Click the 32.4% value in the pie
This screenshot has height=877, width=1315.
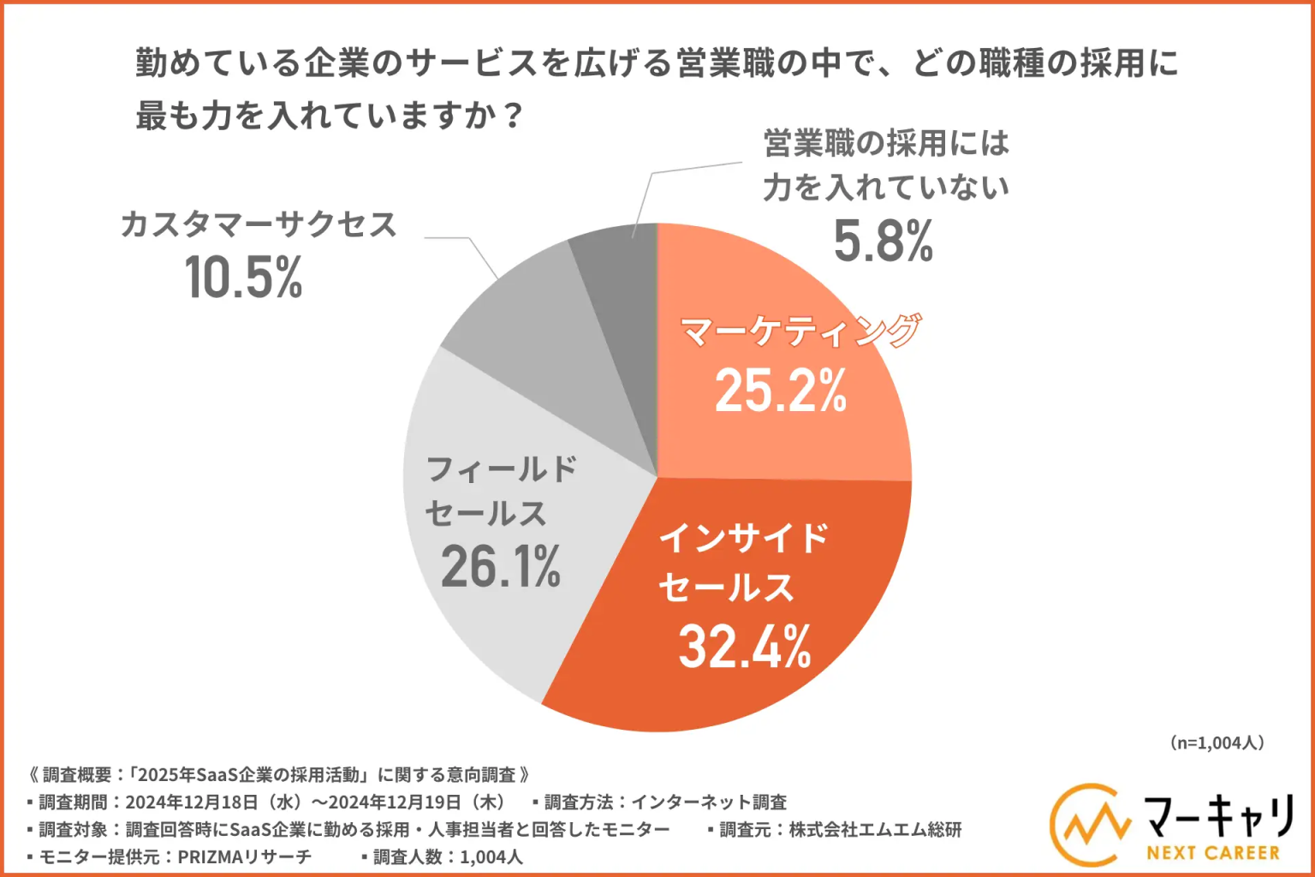point(745,647)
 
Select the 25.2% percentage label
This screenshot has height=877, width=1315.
point(780,391)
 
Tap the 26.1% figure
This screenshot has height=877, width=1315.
point(501,566)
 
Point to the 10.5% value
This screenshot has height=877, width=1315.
point(244,277)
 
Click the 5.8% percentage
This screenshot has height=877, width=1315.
point(883,242)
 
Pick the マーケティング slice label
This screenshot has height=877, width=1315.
point(800,331)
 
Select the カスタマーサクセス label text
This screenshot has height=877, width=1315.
point(259,225)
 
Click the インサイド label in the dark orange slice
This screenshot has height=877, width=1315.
point(743,538)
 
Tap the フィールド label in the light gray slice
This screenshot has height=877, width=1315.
point(502,469)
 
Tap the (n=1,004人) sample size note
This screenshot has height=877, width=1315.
point(1216,743)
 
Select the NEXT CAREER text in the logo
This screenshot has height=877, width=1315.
point(1212,853)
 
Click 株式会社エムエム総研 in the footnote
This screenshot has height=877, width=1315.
point(875,829)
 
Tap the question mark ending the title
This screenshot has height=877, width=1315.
point(513,116)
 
